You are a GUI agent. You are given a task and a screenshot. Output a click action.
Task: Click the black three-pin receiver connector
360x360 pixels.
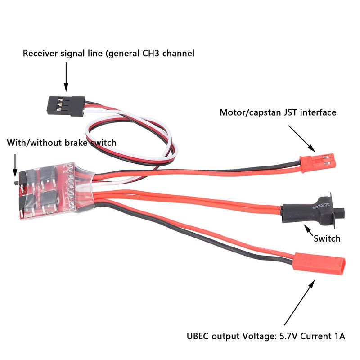click(x=66, y=106)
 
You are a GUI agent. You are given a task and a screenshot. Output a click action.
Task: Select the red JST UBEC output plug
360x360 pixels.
click(x=319, y=264)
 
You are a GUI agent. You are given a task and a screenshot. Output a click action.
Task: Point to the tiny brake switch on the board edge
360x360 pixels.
click(x=16, y=183)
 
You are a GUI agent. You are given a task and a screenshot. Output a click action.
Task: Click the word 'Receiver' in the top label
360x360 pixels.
click(x=40, y=53)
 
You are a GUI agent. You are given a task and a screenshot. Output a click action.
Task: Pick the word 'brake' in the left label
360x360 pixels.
click(x=76, y=143)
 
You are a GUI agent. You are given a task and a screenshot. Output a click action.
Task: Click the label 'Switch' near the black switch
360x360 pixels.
click(x=327, y=238)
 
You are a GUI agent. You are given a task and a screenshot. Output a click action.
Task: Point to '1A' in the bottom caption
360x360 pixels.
click(x=340, y=336)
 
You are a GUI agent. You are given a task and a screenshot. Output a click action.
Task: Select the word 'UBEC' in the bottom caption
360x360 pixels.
click(x=198, y=336)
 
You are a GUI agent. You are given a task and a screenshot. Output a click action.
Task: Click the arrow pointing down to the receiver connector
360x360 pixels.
click(x=66, y=76)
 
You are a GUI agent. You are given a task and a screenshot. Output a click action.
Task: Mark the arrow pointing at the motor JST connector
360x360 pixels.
click(x=301, y=139)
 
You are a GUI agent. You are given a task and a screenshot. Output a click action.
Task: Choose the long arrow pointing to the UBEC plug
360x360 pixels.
click(x=299, y=302)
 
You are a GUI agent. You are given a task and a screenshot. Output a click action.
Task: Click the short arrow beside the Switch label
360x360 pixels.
click(x=309, y=230)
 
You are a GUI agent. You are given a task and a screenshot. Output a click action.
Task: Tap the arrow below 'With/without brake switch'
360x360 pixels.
click(x=15, y=165)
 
